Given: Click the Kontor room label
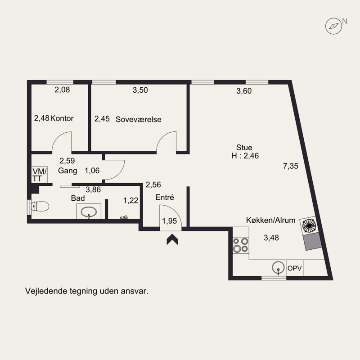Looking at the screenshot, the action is pos(62,118).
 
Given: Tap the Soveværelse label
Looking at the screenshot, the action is pos(139,119).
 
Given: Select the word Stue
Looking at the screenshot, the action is pos(244,148).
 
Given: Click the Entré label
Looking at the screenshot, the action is pos(165,197).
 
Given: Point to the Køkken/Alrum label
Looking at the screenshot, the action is pos(271,220).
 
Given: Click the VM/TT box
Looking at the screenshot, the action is pos(40,175).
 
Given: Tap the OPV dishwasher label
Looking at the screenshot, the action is pos(295,268).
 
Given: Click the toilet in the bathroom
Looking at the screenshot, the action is pos(40,206).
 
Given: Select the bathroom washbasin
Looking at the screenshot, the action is pos(89,211).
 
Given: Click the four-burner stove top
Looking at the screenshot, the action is pos(241,245).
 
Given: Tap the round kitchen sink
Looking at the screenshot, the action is pos(278,268).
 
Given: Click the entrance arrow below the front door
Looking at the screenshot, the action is pos(172,239).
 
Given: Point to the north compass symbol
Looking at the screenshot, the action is pos(334,27).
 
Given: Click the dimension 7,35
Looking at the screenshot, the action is pos(290,166).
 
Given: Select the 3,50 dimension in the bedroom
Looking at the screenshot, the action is pos(140,90).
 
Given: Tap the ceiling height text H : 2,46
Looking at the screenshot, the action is pos(245,156).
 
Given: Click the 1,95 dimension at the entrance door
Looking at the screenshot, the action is pos(170,221).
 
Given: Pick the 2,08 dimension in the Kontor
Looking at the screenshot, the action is pos(62,90).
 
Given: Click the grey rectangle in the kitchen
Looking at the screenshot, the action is pos(312,241).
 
